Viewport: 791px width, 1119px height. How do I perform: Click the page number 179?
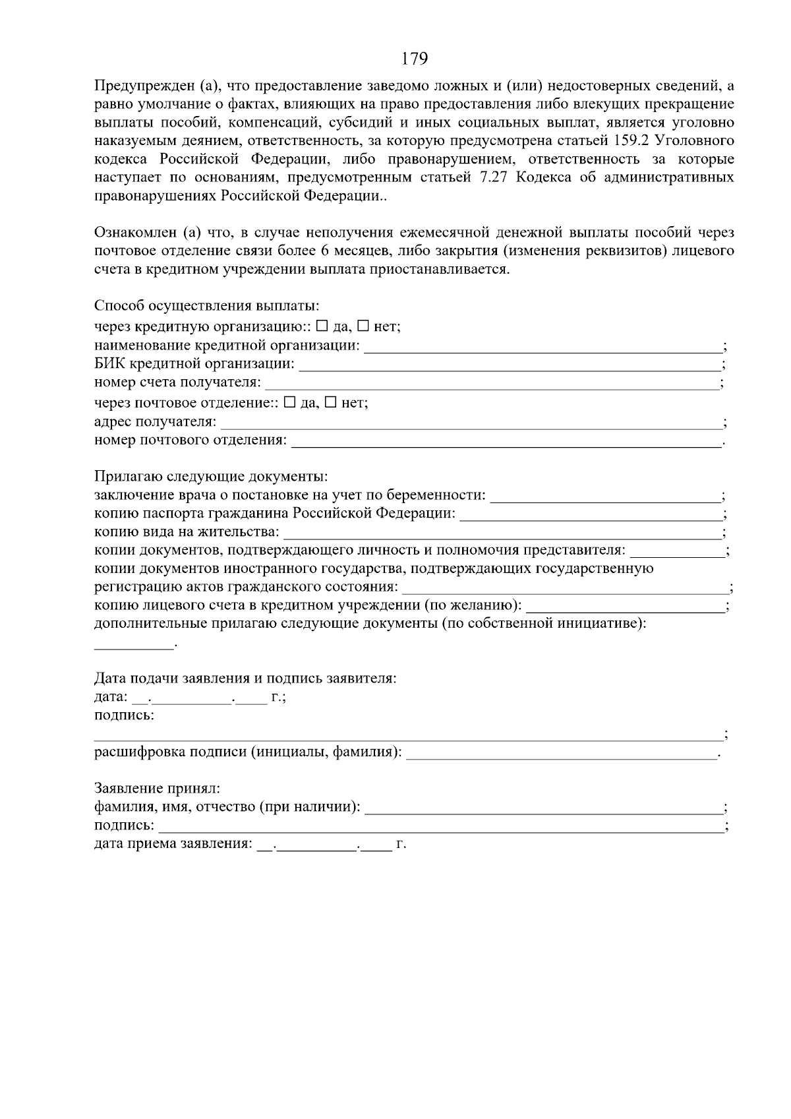coord(415,59)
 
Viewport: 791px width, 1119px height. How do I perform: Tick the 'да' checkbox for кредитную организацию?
coord(322,326)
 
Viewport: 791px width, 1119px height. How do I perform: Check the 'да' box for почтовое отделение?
coord(289,403)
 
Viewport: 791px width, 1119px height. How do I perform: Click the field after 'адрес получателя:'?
coord(471,423)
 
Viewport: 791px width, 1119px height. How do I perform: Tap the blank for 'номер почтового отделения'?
coord(506,441)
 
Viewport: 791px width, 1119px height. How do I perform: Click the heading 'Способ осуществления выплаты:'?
coord(207,307)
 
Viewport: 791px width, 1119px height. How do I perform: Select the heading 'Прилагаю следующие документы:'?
coord(211,477)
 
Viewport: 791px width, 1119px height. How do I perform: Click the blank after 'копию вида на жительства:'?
coord(502,533)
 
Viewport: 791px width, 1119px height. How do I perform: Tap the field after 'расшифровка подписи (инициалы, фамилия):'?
coord(560,754)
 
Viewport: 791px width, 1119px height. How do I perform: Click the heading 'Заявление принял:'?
coord(158,789)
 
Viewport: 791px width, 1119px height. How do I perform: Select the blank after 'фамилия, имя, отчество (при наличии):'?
coord(543,808)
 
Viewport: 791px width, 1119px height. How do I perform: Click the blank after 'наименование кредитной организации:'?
coord(543,347)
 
